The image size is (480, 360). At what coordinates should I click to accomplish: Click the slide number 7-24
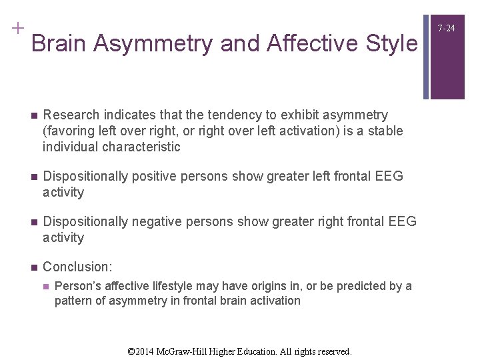coord(447,27)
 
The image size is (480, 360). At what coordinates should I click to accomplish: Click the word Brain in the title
coord(60,43)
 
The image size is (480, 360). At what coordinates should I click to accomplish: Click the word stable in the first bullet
coord(386,131)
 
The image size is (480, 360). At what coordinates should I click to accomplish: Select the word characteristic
coord(141,147)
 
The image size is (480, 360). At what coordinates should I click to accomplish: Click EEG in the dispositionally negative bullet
coord(402,221)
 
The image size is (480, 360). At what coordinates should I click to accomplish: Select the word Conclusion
coord(77,267)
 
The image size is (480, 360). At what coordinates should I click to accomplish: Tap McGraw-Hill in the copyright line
coord(188,351)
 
